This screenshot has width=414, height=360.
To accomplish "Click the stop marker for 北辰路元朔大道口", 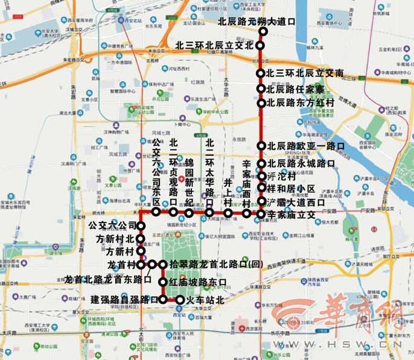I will coord(261,23).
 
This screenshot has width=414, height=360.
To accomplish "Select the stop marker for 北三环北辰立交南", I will coord(261,74).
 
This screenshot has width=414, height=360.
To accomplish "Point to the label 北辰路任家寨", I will coord(295,89).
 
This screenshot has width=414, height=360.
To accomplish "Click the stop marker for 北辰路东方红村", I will coord(261,103).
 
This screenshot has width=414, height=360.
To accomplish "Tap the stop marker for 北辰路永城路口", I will coord(261,163).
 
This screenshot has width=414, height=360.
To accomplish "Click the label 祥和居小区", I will coord(290,189).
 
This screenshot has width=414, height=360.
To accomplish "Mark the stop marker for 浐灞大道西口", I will coord(261,202).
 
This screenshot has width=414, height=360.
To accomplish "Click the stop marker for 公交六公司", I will coord(141,226).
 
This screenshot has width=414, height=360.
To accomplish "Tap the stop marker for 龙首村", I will coord(141,265).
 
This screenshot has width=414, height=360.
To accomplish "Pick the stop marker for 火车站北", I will coord(179,299).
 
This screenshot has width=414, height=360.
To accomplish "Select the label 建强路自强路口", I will coord(124,299).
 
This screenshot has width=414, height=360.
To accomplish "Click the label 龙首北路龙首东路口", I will coord(107,280).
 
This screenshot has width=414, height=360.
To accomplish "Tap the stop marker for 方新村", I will coord(141,251).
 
